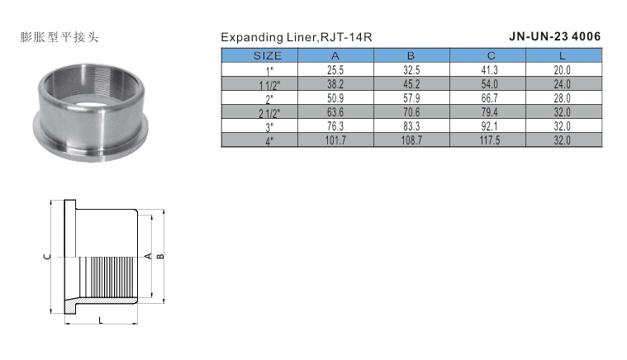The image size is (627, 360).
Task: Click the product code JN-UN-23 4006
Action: [x=554, y=36]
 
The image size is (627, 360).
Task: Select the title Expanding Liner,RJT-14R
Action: [x=297, y=37]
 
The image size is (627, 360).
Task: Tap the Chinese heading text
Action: [x=59, y=37]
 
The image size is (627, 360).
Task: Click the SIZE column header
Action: [x=267, y=55]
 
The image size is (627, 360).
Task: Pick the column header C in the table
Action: [x=491, y=55]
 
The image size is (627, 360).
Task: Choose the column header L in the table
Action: [x=563, y=55]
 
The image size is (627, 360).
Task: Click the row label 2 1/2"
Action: [x=269, y=113]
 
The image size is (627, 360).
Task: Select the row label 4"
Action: [x=270, y=141]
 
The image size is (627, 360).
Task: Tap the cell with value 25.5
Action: [x=335, y=70]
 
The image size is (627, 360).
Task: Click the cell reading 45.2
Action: [x=411, y=84]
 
